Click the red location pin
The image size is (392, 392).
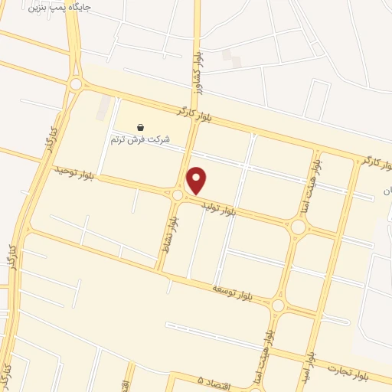(197, 179)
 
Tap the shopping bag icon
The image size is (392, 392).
(140, 127)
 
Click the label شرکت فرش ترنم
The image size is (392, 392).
(140, 139)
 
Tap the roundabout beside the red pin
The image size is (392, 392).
(178, 195)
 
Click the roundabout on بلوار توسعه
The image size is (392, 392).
(277, 306)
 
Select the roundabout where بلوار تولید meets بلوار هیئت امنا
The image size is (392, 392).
(298, 227)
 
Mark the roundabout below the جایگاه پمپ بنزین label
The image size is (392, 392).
(75, 84)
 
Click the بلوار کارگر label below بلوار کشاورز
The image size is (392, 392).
(192, 115)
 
